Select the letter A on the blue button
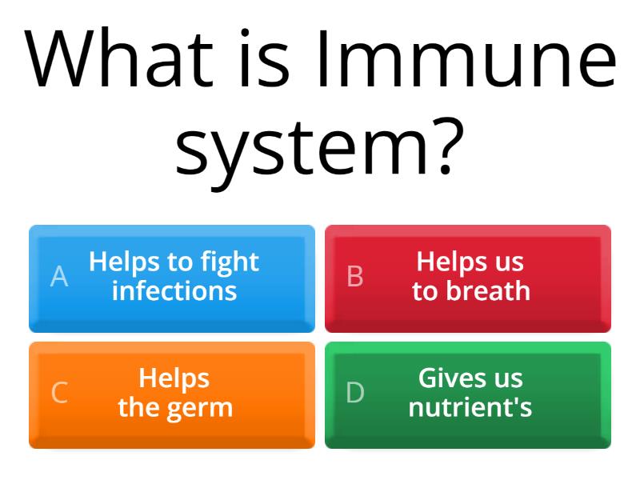pyautogui.click(x=59, y=276)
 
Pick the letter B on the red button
pyautogui.click(x=355, y=276)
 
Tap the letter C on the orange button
pyautogui.click(x=59, y=393)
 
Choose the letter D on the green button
pyautogui.click(x=355, y=393)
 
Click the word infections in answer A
pyautogui.click(x=174, y=290)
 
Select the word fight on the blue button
pyautogui.click(x=230, y=262)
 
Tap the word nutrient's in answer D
pyautogui.click(x=470, y=407)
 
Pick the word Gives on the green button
pyautogui.click(x=448, y=378)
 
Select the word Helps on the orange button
pyautogui.click(x=174, y=378)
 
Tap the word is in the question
pyautogui.click(x=268, y=60)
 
